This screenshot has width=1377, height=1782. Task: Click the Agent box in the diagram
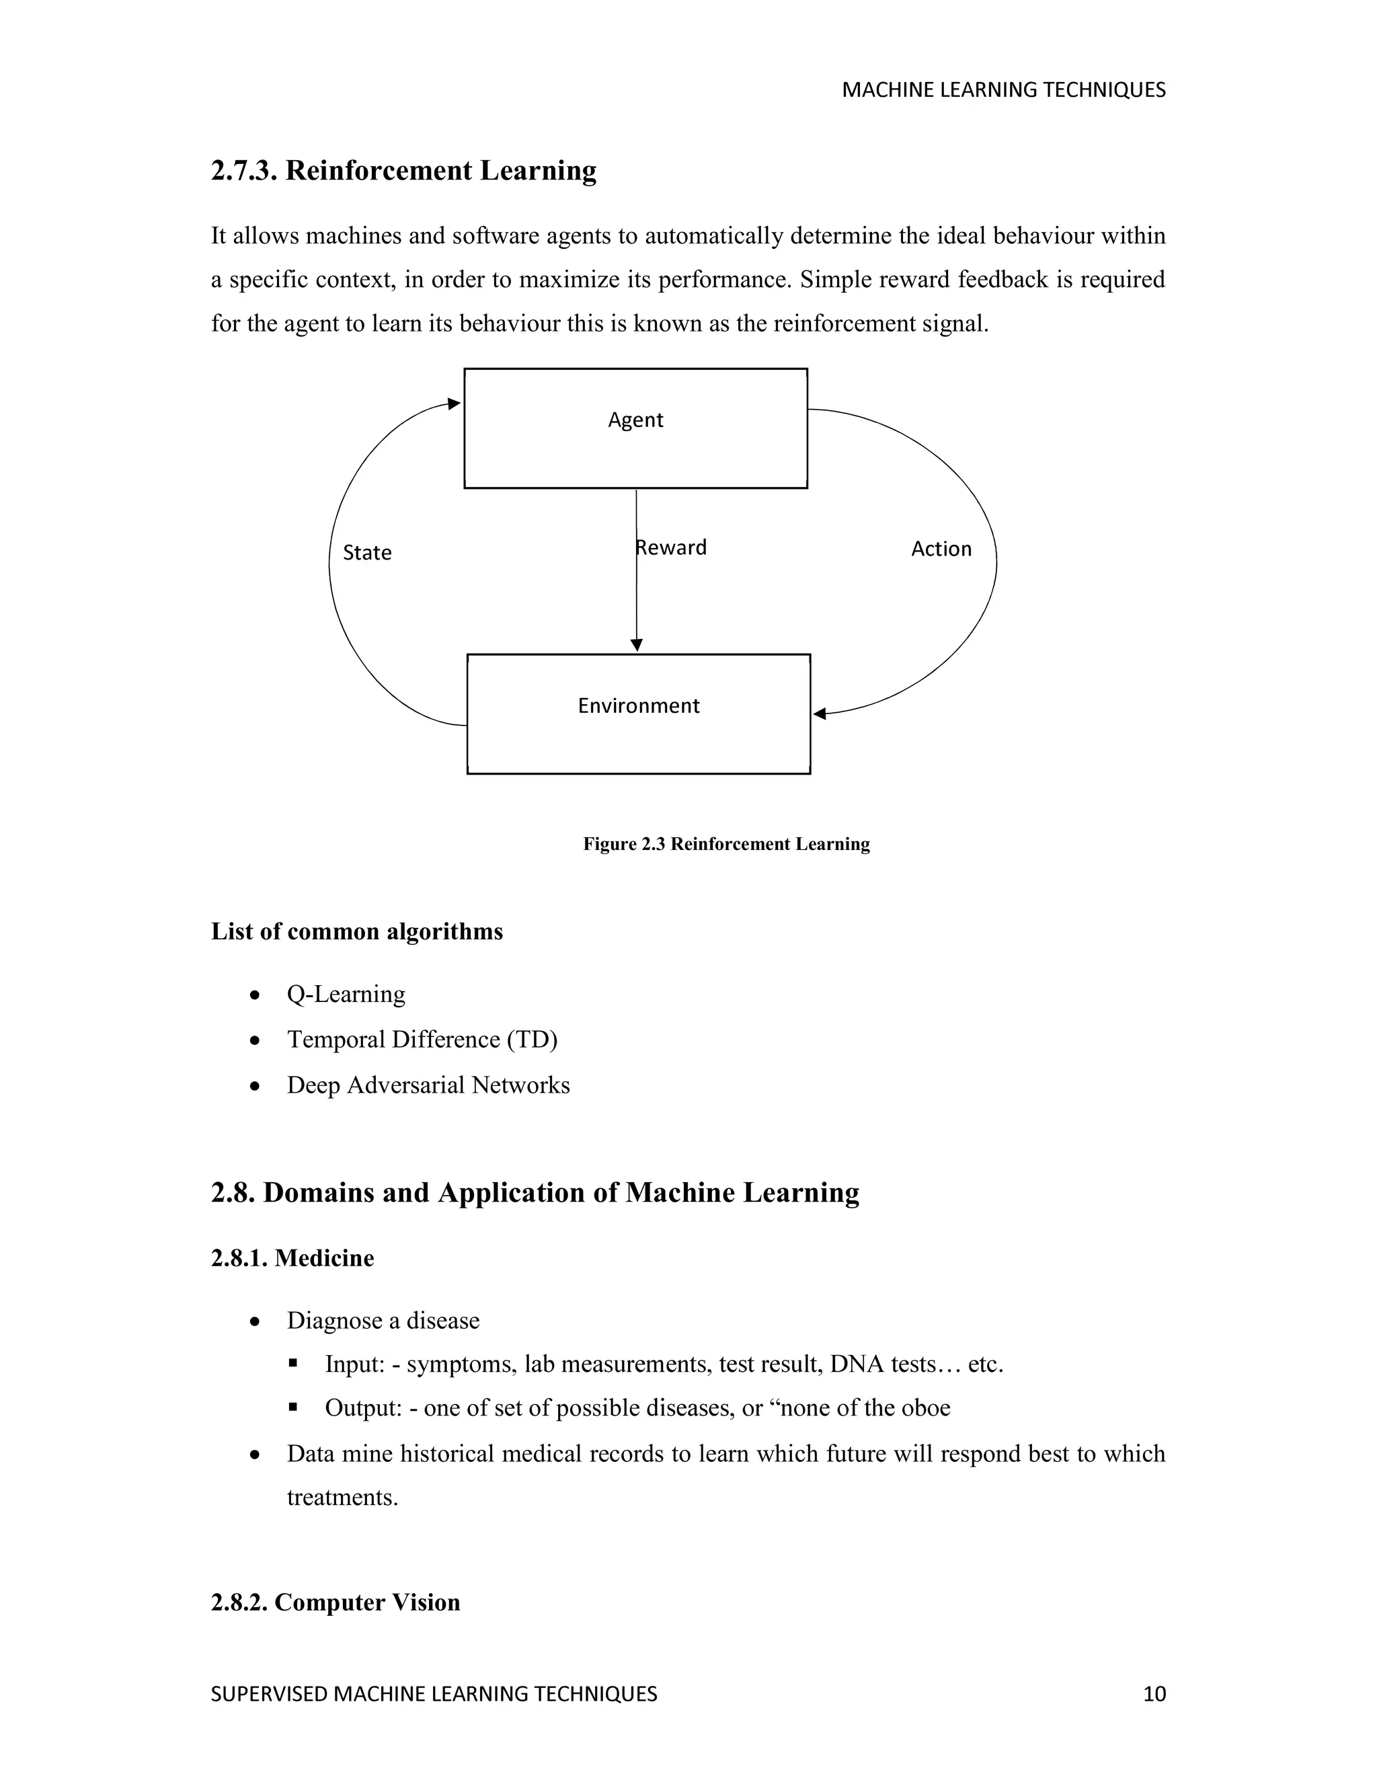coord(635,428)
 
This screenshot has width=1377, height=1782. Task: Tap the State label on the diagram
coord(367,553)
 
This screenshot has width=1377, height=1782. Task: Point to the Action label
coord(941,549)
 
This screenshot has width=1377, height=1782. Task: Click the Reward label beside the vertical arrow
coord(672,547)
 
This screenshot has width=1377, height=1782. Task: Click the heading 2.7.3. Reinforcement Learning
coord(404,171)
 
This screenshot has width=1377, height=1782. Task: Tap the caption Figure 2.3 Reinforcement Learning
coord(726,844)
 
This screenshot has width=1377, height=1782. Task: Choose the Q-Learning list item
coord(346,994)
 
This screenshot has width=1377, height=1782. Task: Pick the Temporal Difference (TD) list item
coord(422,1040)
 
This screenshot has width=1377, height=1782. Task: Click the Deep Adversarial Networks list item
coord(428,1085)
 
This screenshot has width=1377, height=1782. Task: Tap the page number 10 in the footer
coord(1154,1694)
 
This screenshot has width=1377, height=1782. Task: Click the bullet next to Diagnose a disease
coord(255,1321)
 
